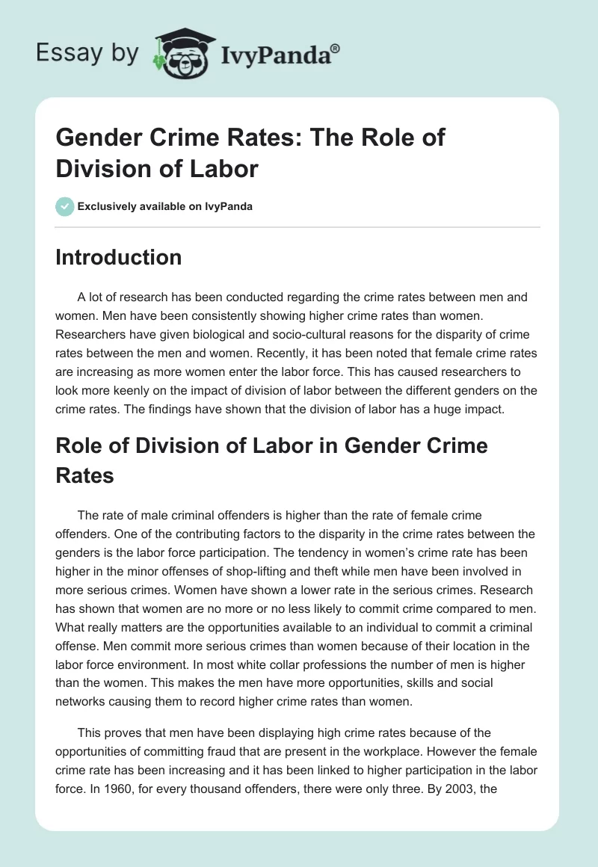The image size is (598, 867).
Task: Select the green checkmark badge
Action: pos(64,206)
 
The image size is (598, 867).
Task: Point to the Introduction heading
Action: pos(119,257)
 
